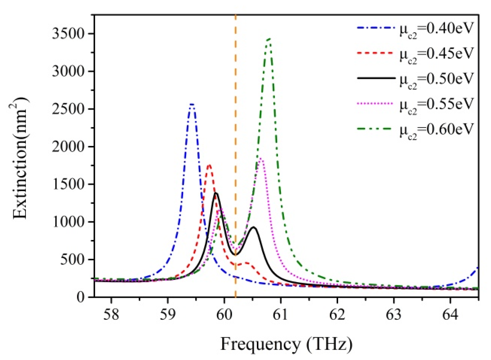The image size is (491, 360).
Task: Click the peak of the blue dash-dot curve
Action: point(192,104)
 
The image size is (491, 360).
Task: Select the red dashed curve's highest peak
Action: point(209,165)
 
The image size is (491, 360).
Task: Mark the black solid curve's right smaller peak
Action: point(253,227)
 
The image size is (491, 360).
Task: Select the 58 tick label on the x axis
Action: point(111,314)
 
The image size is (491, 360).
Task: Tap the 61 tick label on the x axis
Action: point(280,314)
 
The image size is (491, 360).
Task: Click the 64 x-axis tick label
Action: point(450,314)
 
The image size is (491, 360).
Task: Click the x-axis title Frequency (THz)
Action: point(286,344)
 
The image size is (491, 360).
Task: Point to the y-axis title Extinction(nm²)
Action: point(21,158)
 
